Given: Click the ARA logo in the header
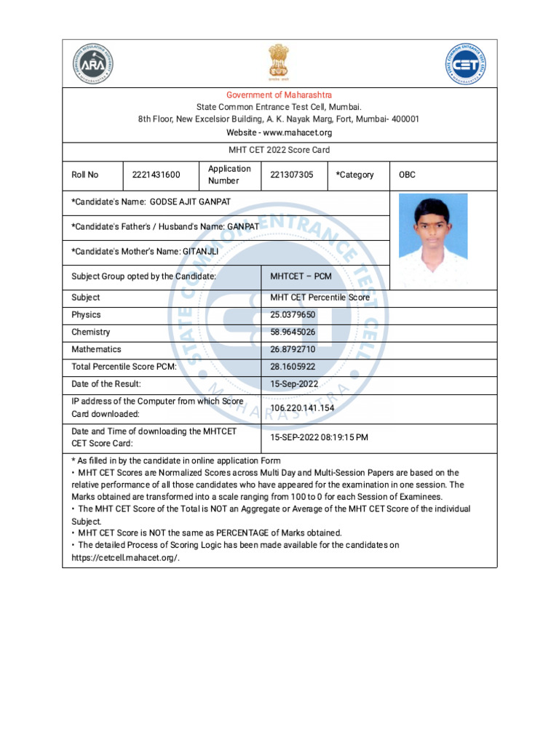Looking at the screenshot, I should [93, 64].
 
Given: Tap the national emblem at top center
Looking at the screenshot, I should [279, 62].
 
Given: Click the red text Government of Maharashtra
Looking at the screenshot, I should [279, 95].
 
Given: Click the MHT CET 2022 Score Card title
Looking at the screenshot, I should [279, 151].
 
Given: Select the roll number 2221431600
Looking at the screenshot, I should [156, 175].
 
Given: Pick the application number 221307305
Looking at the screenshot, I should [292, 175].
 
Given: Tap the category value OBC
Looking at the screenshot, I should [408, 175].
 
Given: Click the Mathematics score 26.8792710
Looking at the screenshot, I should [293, 350].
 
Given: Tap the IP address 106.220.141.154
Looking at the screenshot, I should [302, 408].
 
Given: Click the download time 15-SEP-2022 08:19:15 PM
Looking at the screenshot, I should [319, 438].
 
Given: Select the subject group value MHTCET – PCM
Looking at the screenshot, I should [301, 276].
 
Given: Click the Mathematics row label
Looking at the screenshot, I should [96, 350].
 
